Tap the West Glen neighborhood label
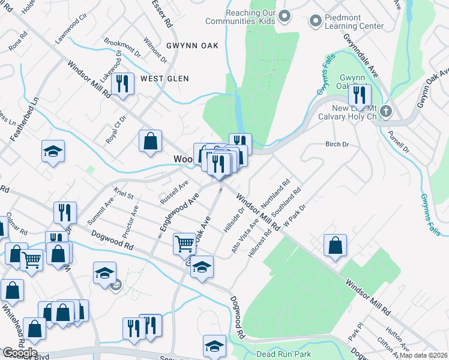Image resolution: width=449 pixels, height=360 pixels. coord(164,79)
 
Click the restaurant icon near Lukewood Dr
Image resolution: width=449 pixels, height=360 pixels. coord(122,83)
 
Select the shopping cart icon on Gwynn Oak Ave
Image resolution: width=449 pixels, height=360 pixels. coord(184,243)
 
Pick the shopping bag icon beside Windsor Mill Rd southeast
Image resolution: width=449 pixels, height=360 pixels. coord(335,245)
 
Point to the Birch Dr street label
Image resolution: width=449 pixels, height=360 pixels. coord(337,145)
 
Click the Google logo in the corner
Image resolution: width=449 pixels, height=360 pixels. coord(19,353)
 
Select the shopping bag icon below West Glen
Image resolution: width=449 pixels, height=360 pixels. coord(151,141)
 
